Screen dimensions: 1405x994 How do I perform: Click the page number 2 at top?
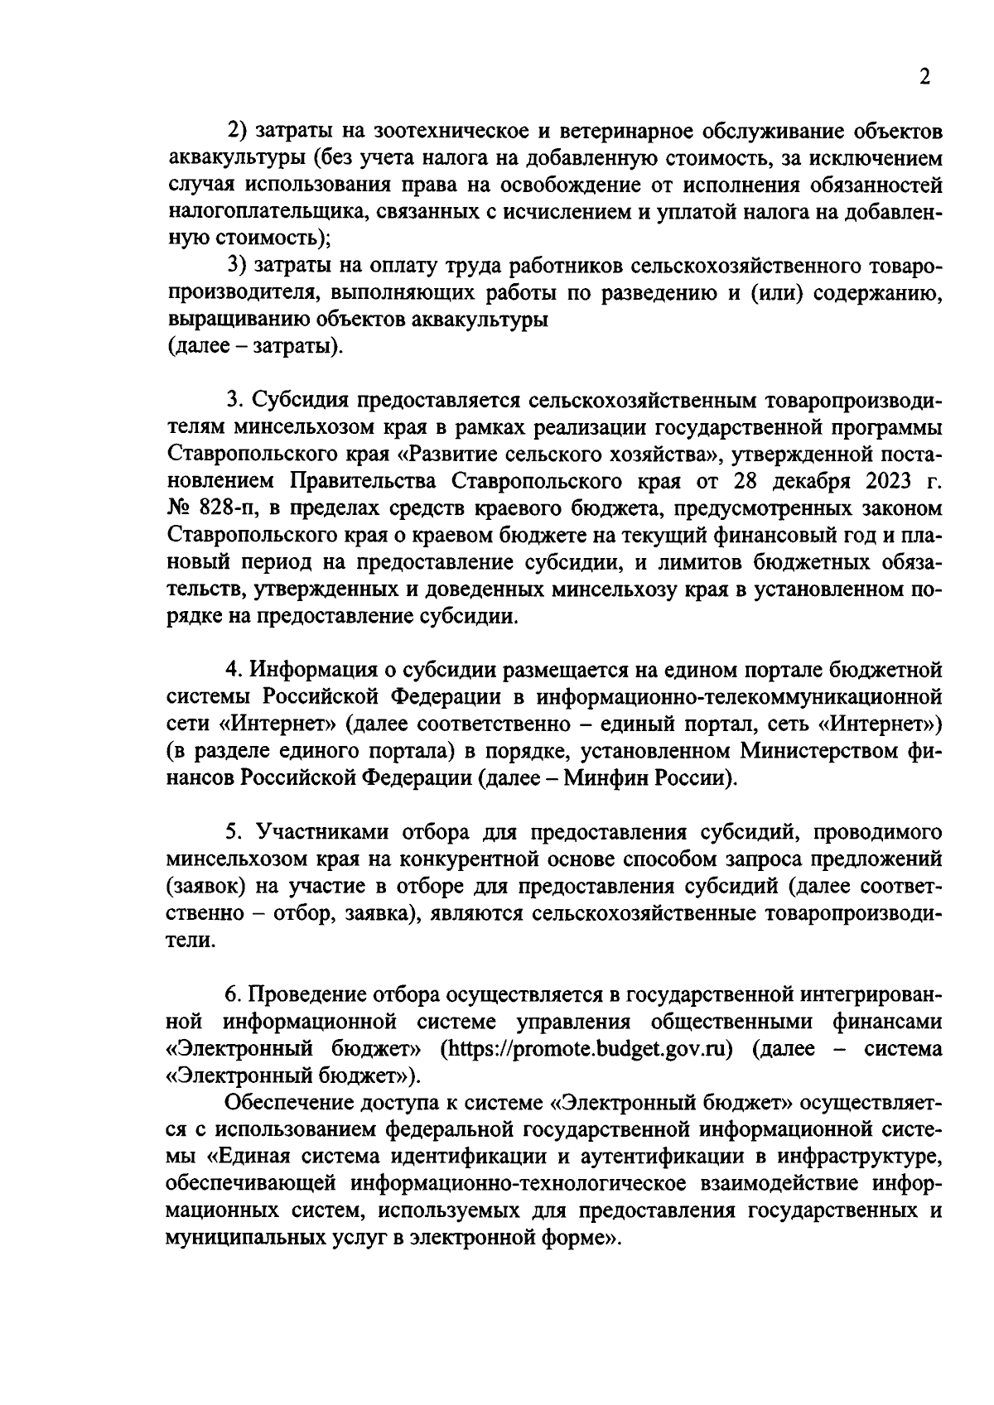coord(925,78)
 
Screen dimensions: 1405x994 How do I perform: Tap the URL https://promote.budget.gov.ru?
coord(589,1048)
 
